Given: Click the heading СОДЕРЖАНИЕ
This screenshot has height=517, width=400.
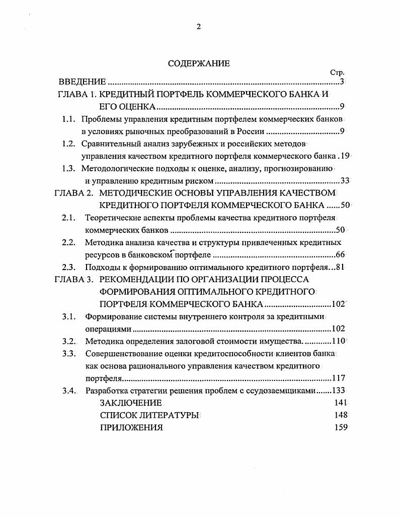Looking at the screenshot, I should click(x=199, y=63).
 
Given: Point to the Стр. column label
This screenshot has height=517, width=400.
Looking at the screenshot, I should click(x=337, y=73).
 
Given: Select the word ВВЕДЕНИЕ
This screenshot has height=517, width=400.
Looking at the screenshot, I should click(x=82, y=82).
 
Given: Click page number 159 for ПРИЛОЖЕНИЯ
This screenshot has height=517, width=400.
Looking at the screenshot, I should click(x=341, y=427).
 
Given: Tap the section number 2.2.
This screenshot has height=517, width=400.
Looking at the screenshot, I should click(x=68, y=242).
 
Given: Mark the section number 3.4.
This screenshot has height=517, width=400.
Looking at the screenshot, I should click(x=68, y=391).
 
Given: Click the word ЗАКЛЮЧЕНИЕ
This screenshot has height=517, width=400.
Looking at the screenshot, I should click(x=131, y=403).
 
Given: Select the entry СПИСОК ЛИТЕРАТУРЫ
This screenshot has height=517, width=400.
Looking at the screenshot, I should click(x=149, y=415).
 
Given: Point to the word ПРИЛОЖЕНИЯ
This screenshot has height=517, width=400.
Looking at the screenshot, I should click(x=131, y=427).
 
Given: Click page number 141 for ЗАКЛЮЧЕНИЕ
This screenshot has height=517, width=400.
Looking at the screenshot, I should click(x=341, y=403).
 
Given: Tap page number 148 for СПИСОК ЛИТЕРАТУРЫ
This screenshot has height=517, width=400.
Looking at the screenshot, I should click(x=341, y=415).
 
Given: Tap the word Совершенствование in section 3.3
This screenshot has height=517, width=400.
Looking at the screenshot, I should click(x=124, y=354).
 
